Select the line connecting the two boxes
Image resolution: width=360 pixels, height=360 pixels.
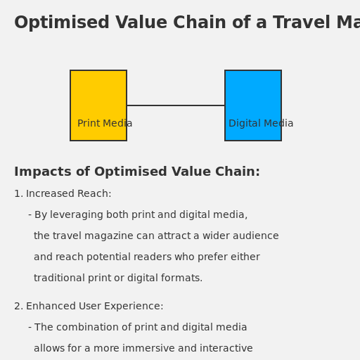pyautogui.click(x=176, y=105)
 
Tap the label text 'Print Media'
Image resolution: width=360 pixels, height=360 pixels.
pyautogui.click(x=105, y=124)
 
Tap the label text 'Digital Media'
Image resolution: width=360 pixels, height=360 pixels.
pyautogui.click(x=261, y=124)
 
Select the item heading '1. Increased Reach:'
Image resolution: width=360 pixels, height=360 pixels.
pyautogui.click(x=63, y=194)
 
